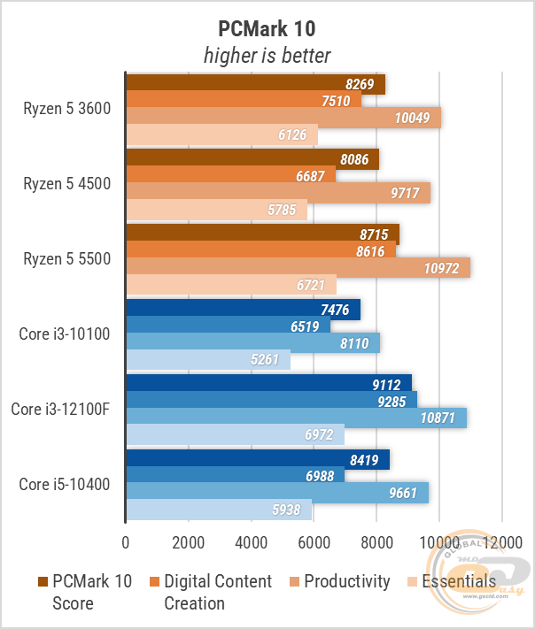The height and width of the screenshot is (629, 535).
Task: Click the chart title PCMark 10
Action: (x=267, y=29)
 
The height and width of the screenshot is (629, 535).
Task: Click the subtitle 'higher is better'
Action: (x=267, y=56)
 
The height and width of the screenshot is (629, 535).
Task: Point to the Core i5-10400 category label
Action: (x=68, y=484)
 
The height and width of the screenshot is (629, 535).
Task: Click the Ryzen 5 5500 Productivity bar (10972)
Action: (x=298, y=268)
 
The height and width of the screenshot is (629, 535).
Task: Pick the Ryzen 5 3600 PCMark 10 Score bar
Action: (x=255, y=85)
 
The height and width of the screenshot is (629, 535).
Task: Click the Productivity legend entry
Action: (x=346, y=581)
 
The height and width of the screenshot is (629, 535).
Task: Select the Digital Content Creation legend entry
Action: (x=217, y=592)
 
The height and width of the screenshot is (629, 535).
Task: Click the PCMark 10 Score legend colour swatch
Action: (x=43, y=581)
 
